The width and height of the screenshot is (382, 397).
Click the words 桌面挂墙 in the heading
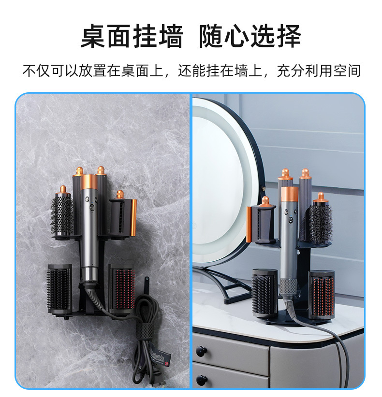132,37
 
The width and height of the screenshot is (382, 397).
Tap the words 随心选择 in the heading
250,37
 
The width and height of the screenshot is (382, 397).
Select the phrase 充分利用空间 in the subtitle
319,71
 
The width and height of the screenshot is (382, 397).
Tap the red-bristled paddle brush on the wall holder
122,289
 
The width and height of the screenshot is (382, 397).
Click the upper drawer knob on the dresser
201,350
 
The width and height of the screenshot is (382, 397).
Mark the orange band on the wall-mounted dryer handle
89,182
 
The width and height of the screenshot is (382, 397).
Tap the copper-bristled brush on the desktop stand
321,293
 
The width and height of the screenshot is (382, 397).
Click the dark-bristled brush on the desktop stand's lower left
264,293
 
